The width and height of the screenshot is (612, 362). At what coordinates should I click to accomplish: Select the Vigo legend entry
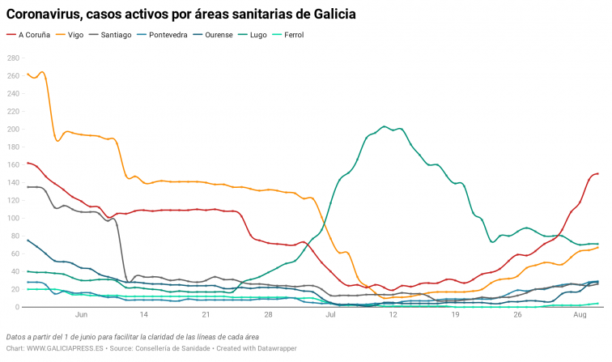point(75,35)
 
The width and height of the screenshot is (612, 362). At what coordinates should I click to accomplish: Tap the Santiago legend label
point(116,35)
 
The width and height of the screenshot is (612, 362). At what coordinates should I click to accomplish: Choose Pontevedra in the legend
point(168,35)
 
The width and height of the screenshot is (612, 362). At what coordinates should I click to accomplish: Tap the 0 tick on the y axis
point(17,307)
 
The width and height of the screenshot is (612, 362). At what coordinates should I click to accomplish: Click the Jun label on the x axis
point(81,316)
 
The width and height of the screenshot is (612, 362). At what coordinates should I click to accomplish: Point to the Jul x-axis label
point(331,316)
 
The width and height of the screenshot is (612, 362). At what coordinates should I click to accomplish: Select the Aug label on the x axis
point(580,316)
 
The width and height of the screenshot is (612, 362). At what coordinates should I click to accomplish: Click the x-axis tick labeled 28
point(269,316)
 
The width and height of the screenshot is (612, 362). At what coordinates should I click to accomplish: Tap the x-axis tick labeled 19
point(456,316)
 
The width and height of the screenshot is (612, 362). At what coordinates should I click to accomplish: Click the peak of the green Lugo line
point(384,126)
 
